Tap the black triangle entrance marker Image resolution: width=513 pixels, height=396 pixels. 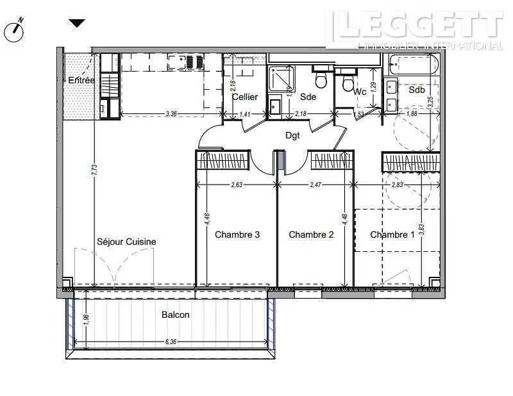[77, 24]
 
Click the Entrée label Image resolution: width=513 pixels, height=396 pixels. [81, 80]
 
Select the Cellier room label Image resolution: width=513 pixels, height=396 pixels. [245, 97]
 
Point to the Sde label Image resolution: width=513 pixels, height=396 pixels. [308, 97]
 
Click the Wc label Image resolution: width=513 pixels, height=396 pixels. [360, 92]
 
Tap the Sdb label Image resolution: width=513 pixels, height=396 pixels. [416, 90]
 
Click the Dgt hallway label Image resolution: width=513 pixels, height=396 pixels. [293, 135]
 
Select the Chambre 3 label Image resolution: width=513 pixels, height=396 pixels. [237, 235]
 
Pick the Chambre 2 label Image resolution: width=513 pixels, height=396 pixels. [311, 235]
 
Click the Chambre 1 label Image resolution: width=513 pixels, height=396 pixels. [392, 235]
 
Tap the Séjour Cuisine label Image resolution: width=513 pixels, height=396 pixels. [126, 242]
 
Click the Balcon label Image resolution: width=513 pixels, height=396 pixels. [175, 315]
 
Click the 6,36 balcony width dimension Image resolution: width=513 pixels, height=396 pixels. [170, 342]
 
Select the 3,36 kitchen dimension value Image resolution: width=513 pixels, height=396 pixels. [171, 113]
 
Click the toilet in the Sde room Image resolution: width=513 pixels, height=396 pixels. [322, 79]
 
